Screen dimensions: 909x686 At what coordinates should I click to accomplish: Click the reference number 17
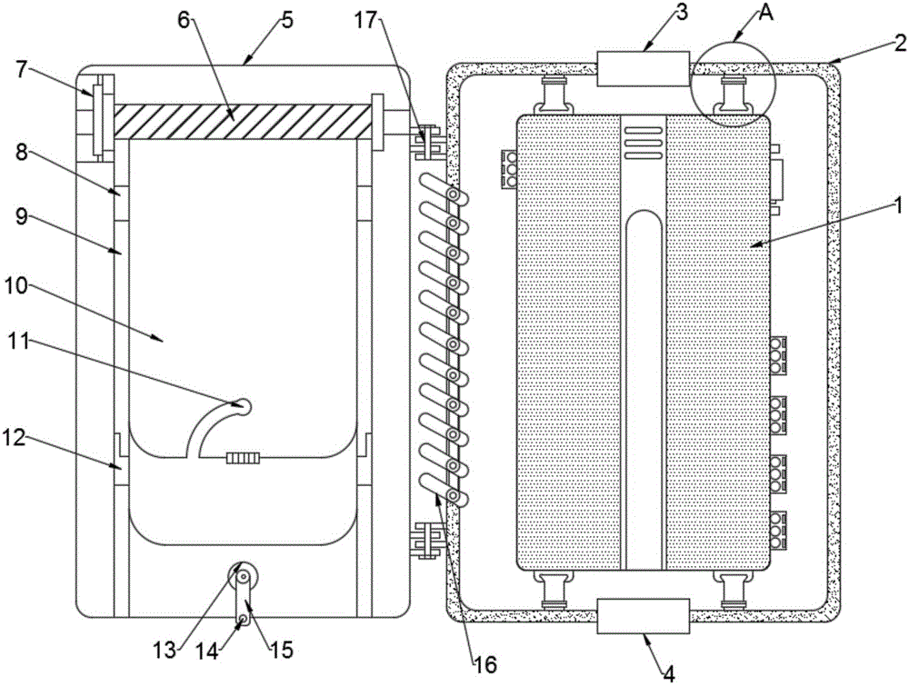(x=367, y=21)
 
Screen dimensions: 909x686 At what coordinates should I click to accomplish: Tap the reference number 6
(x=184, y=21)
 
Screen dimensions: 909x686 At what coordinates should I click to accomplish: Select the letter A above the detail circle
(x=766, y=13)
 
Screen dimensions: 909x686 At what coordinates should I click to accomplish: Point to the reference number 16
(x=485, y=665)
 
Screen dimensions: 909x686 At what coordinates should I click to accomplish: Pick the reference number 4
(x=668, y=674)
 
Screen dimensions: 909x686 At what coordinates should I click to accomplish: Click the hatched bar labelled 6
(x=243, y=121)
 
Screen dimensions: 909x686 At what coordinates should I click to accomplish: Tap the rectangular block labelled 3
(x=643, y=69)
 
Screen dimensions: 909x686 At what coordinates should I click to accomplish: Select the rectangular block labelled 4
(x=643, y=616)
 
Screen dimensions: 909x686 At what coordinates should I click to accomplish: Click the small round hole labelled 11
(x=244, y=407)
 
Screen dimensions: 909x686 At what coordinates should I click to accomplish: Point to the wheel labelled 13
(x=244, y=577)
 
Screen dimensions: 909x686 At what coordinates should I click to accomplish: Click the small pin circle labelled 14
(x=244, y=621)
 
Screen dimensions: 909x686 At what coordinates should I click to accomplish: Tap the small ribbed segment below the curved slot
(x=244, y=458)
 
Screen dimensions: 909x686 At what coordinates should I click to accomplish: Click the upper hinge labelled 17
(x=428, y=141)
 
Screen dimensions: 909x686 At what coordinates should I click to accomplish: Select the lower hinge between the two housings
(x=428, y=540)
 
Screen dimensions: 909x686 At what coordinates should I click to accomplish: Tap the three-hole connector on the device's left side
(x=510, y=169)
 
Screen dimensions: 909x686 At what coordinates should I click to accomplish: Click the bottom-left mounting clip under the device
(x=554, y=590)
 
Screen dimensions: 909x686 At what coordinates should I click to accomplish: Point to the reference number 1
(x=897, y=206)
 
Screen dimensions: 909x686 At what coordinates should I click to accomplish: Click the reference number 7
(x=22, y=70)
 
